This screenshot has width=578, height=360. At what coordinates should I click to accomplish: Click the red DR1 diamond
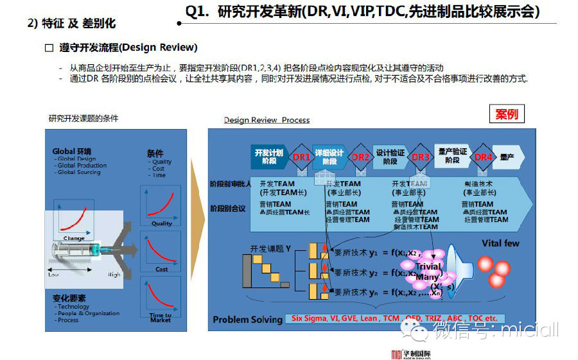click(302, 157)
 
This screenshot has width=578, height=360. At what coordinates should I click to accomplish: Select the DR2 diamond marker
click(361, 157)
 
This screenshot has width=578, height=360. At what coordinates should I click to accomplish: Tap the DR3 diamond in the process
click(421, 157)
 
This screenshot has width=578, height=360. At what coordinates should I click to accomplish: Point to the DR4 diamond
click(483, 157)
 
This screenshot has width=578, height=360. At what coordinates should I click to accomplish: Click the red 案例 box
click(506, 114)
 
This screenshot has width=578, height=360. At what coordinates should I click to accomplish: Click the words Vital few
click(501, 244)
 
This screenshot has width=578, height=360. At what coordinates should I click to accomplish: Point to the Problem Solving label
click(247, 320)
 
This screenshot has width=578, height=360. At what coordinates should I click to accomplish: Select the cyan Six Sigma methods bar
click(395, 318)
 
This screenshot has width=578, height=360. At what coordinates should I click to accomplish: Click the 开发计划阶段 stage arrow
click(268, 157)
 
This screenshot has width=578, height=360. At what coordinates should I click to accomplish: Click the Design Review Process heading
click(267, 120)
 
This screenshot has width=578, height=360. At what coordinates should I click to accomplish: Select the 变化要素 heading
click(70, 299)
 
